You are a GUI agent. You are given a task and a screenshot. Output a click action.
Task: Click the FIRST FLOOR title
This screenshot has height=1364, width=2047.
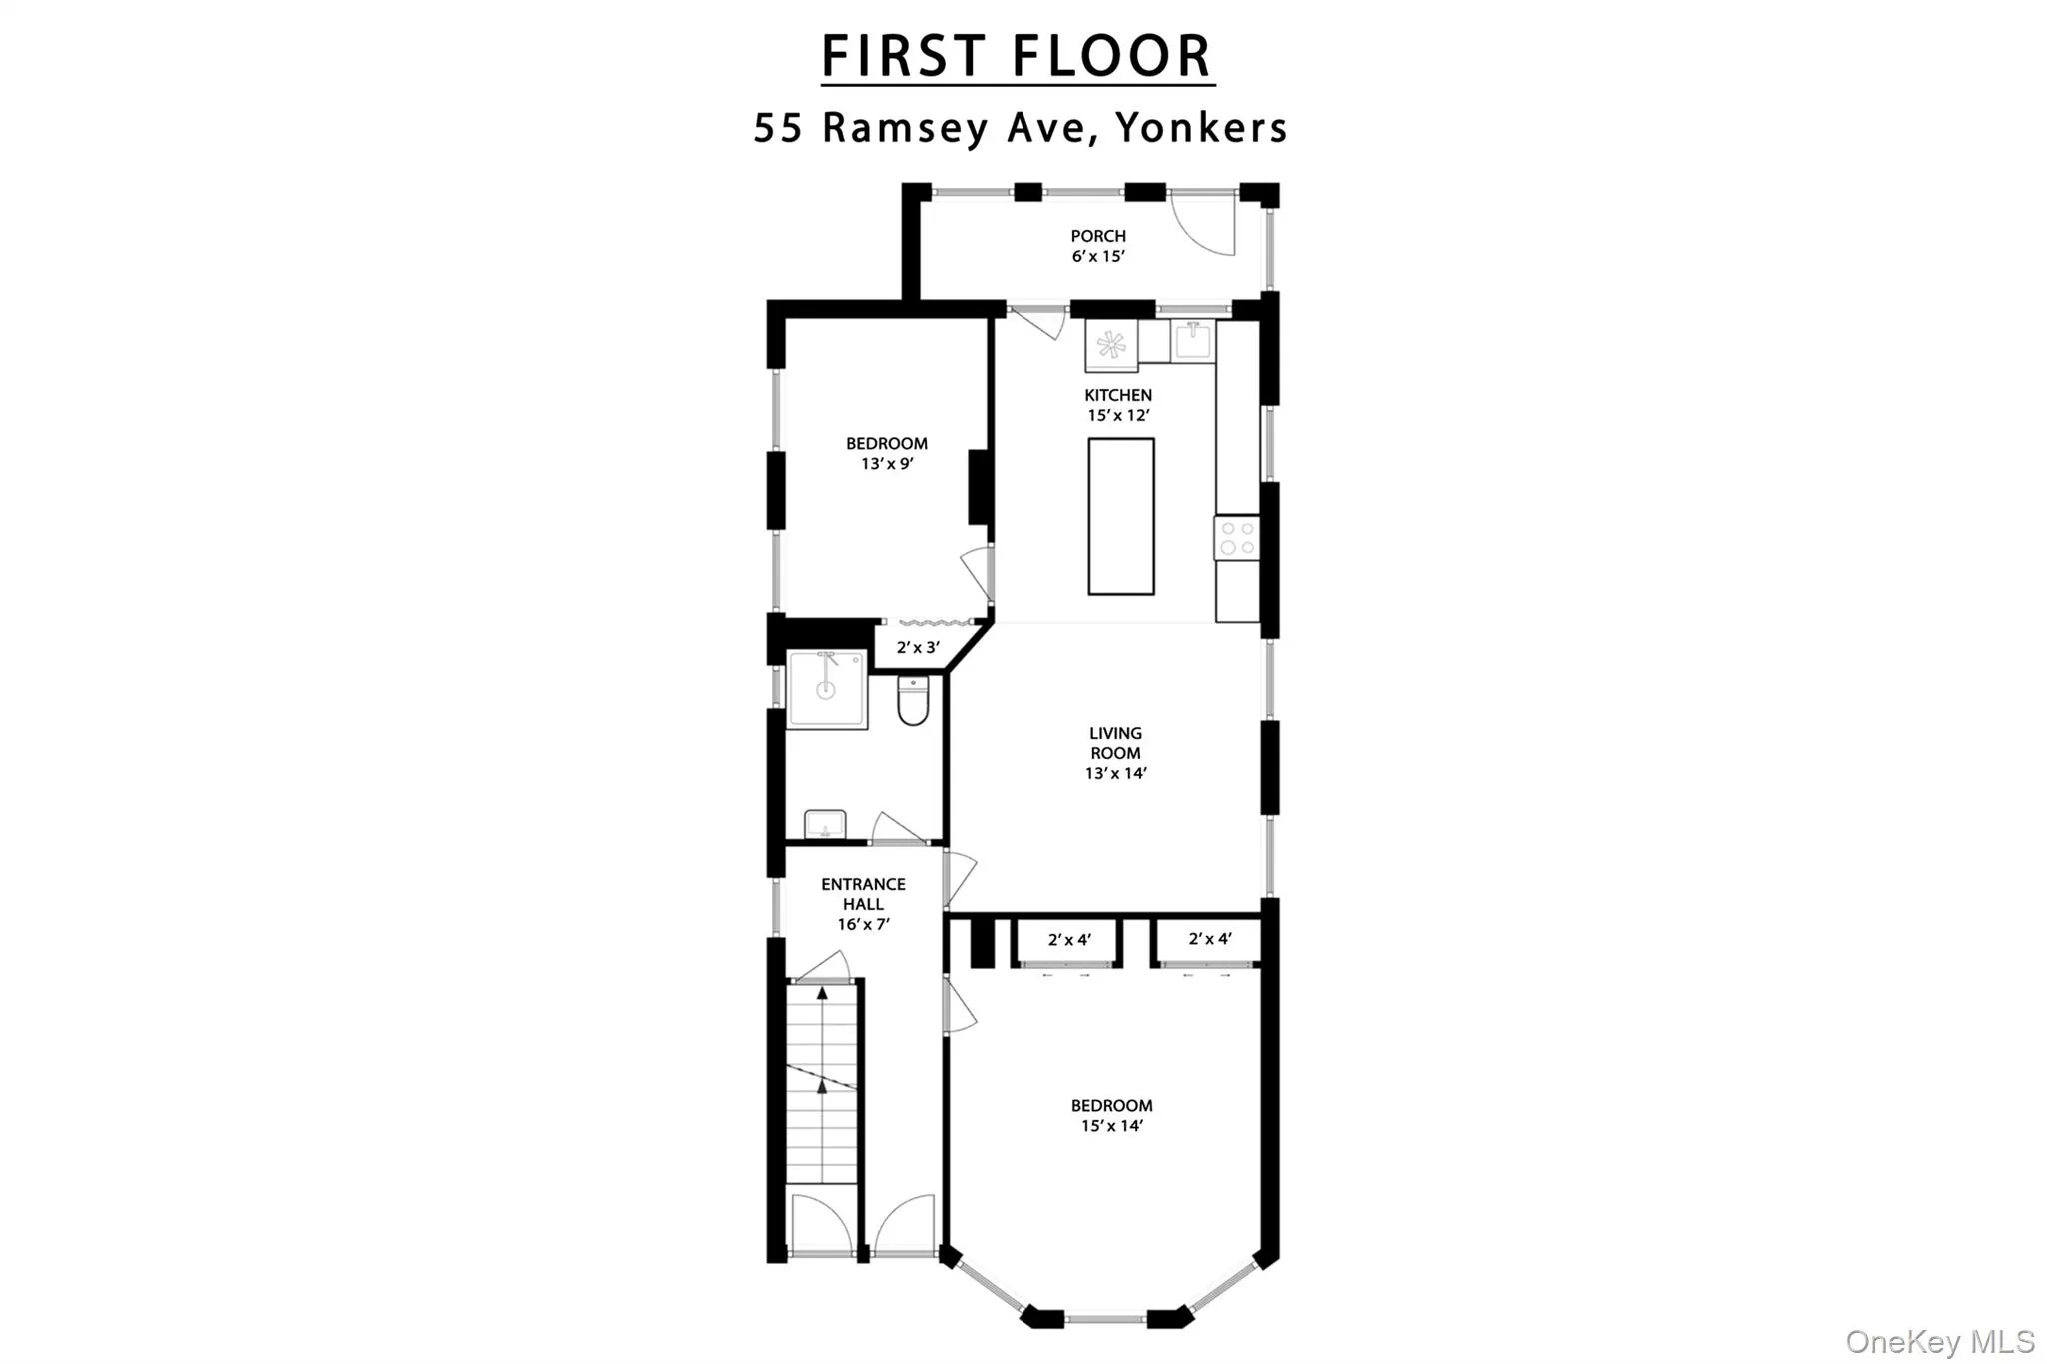point(1017,56)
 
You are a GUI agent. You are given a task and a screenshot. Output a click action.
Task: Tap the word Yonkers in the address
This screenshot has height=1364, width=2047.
point(1201,128)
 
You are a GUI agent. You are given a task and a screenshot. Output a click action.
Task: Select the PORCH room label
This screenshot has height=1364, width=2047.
point(1098,236)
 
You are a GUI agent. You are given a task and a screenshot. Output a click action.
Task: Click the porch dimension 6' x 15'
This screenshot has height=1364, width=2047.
point(1098,256)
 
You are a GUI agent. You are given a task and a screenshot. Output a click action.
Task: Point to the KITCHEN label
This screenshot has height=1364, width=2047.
point(1118,395)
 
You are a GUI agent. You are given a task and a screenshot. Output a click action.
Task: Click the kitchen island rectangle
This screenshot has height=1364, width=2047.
point(1120,516)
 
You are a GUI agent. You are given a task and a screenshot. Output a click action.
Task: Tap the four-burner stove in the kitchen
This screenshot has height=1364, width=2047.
point(1237,538)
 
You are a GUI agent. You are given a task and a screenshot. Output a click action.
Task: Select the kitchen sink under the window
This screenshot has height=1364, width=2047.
point(1193,341)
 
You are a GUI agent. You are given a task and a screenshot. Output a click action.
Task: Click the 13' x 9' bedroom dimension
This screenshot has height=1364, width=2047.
point(887,464)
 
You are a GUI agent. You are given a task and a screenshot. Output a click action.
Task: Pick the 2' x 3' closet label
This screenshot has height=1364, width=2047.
point(917,647)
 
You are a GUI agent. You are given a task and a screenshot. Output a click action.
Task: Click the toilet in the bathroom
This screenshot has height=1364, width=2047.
point(913,700)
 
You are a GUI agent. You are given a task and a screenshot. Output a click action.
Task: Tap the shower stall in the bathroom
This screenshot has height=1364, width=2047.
point(826,688)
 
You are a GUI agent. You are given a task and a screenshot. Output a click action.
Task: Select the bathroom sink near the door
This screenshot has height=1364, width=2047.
point(825,825)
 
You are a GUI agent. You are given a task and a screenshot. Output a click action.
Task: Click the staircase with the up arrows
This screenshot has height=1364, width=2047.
point(822,1084)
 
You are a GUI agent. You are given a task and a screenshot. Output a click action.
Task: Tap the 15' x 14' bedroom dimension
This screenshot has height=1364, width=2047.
point(1111,1126)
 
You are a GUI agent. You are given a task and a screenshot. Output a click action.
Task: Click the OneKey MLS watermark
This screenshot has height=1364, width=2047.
point(1939,1341)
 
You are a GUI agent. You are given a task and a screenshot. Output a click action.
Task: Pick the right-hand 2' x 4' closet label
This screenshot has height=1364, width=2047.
point(1209,939)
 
